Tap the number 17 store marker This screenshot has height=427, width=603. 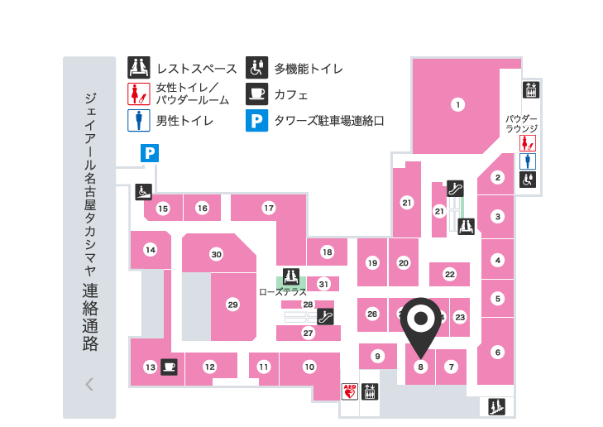coord(269,208)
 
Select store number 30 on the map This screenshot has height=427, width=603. coord(216,254)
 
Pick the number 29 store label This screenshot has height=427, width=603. coord(232,305)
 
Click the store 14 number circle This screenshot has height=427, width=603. coord(150,249)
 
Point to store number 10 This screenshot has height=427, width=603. coord(309,367)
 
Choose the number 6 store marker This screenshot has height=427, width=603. coord(497,352)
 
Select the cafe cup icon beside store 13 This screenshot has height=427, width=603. coord(170,366)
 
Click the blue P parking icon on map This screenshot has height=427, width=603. coord(150,152)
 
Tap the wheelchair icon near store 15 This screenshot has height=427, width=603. coord(142,192)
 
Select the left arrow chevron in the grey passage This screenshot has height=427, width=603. coord(89,384)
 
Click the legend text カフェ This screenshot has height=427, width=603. coord(291,94)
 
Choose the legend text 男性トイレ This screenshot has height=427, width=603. coord(185,121)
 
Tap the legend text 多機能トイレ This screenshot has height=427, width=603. coord(309,69)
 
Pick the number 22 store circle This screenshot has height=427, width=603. coord(450,274)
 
